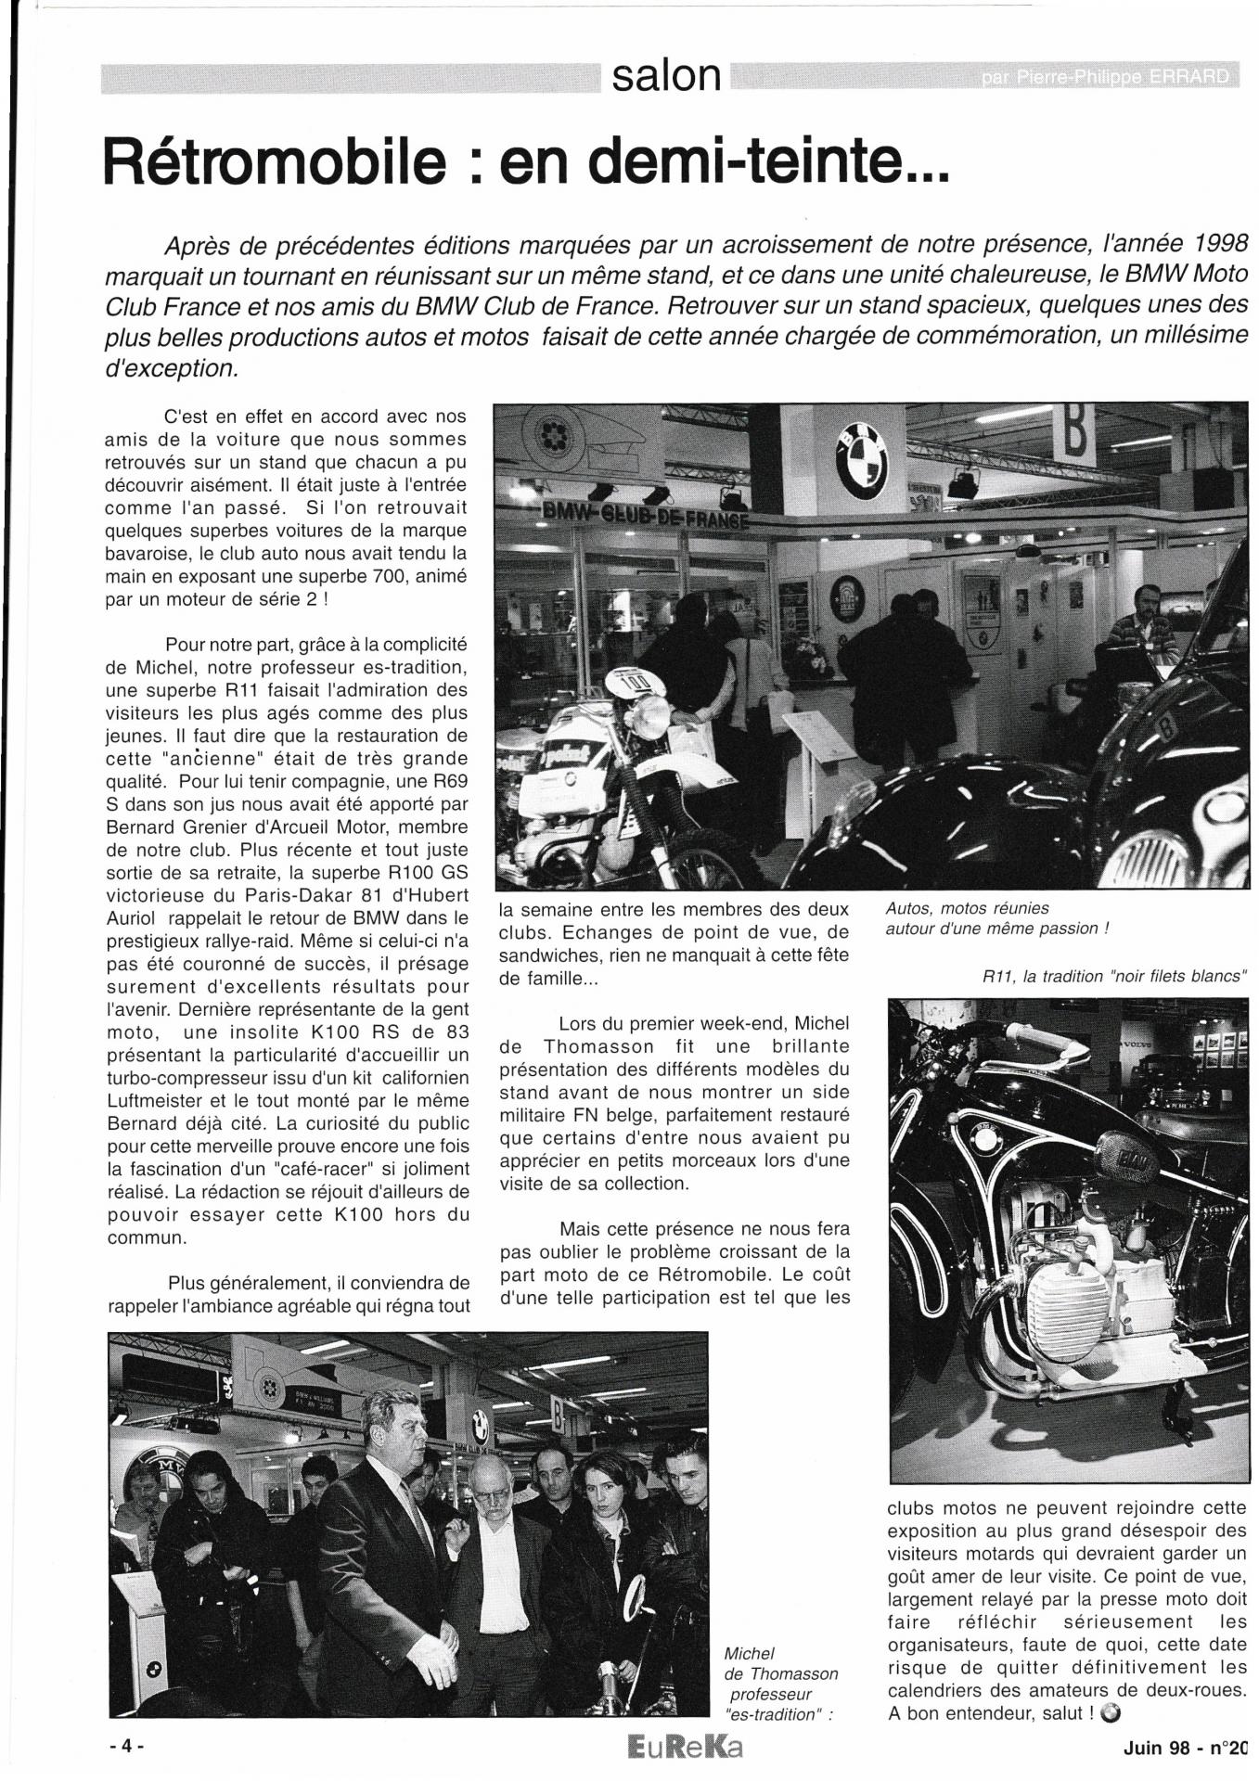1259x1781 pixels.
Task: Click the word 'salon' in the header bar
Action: tap(666, 76)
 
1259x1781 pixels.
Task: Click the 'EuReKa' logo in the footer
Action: tap(685, 1748)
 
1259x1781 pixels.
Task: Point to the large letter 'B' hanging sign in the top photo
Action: tap(1073, 433)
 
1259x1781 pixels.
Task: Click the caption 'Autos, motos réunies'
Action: tap(967, 908)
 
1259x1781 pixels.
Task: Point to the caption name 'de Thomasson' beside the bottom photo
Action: tap(780, 1673)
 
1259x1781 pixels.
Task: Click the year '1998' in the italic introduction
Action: tap(1206, 245)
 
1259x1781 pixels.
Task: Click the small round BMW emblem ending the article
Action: tap(1113, 1713)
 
